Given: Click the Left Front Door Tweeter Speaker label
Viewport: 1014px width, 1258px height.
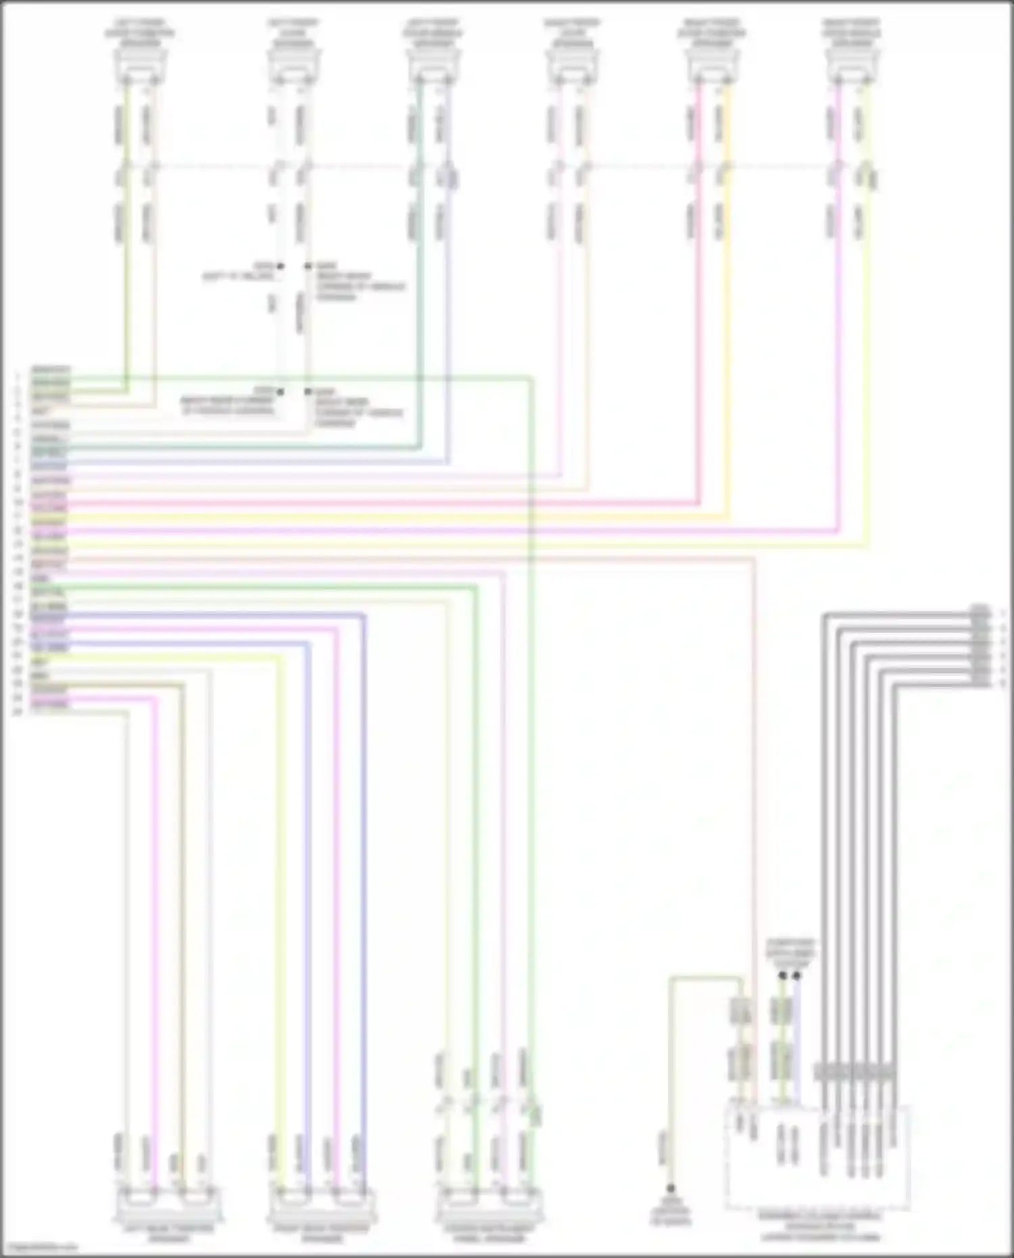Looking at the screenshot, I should coord(139,33).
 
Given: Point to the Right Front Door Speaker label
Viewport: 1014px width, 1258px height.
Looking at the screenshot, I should coord(572,33).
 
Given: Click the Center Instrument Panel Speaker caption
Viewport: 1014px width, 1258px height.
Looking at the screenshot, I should coord(489,1233).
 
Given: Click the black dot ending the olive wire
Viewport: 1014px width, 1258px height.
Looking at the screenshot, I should coord(671,1188).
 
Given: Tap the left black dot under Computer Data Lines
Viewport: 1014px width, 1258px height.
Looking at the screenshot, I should coord(782,975).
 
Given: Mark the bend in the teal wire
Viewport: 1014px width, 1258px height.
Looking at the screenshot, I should coord(420,447).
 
